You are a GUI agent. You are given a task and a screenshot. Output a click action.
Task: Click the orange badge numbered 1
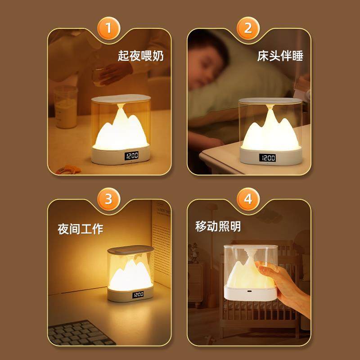click(108, 28)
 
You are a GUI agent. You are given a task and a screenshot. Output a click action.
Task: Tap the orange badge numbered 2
click(248, 28)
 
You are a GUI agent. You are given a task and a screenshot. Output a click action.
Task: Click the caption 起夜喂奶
click(141, 56)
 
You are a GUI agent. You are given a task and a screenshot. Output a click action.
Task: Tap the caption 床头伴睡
click(280, 56)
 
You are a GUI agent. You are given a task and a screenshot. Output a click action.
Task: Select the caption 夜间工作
click(81, 229)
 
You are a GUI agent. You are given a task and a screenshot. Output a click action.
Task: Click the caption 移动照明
click(218, 226)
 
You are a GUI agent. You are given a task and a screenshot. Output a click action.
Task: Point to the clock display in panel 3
click(138, 295)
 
